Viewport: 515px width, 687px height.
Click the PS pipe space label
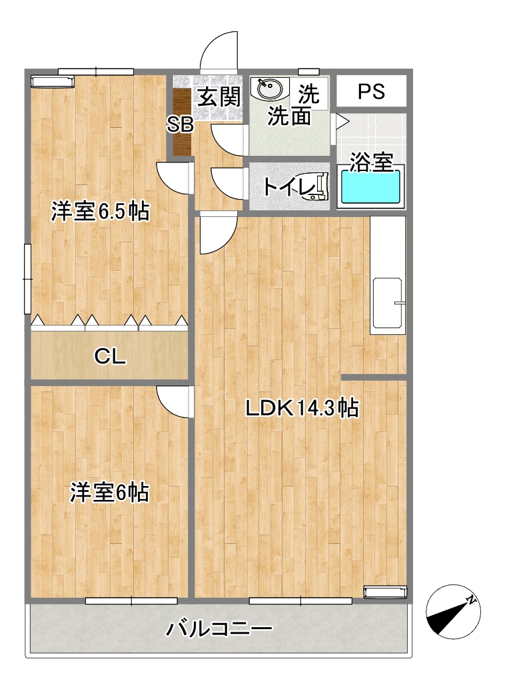coord(371,92)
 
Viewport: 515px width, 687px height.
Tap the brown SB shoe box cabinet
coord(181,122)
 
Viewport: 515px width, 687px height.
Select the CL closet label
coord(110,356)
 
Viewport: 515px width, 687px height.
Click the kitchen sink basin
coord(387,303)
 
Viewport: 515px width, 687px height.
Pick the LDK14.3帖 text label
coord(302,408)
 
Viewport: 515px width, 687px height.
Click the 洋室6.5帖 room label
coord(101,211)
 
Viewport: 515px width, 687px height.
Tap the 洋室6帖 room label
coord(110,493)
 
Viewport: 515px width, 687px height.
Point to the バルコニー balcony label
coord(219,629)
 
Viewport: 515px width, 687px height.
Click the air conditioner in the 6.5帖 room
coord(53,81)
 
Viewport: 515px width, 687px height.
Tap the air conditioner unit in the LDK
coord(386,592)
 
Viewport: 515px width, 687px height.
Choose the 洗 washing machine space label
coord(309,93)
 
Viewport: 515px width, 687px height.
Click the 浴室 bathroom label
coord(371,162)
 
